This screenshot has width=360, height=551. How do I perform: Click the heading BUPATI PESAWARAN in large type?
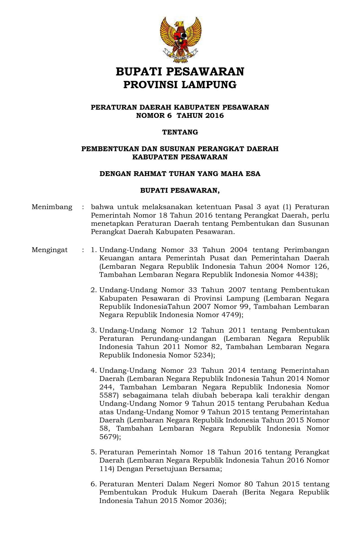tap(180, 72)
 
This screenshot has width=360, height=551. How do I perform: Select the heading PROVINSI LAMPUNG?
tap(180, 84)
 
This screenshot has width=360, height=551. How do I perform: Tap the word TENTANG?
tap(180, 132)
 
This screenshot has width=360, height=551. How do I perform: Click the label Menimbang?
tap(52, 207)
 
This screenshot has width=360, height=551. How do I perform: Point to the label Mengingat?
tap(50, 250)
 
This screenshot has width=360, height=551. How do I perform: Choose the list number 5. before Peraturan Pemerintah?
tap(94, 452)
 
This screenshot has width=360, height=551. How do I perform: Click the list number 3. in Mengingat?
tap(94, 330)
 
